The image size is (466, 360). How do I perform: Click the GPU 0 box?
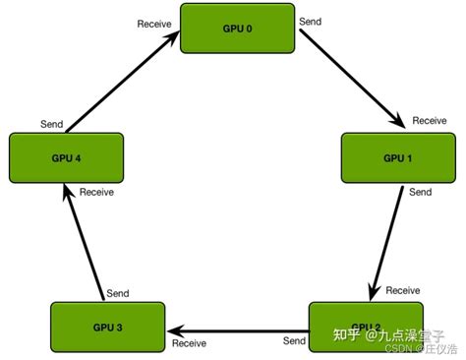[237, 29]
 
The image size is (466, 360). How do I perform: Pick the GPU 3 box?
[107, 326]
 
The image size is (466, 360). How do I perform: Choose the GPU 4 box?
[66, 157]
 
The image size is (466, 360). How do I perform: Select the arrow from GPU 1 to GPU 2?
[387, 240]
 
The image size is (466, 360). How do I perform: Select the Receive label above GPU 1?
[430, 121]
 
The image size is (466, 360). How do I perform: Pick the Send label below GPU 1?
[420, 193]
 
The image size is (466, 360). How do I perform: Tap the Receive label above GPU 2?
[403, 290]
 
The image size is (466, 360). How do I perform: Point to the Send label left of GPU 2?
[294, 341]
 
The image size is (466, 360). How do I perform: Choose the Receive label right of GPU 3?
[189, 343]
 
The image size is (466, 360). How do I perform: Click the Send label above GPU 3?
[118, 294]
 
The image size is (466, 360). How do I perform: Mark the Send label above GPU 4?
[52, 124]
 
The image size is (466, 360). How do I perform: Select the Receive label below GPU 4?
[96, 192]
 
